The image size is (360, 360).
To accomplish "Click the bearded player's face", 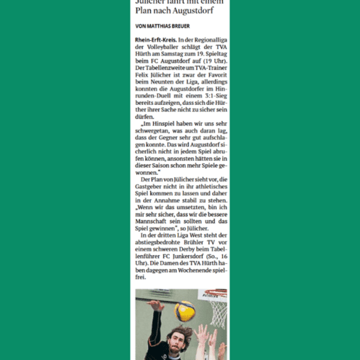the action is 179,343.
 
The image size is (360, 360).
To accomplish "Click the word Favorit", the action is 214,76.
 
